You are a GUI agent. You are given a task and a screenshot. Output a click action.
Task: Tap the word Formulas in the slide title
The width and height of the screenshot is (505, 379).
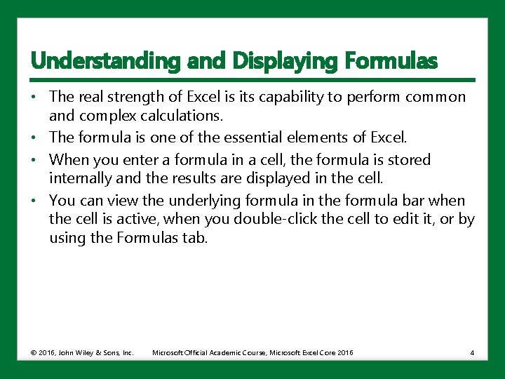391,62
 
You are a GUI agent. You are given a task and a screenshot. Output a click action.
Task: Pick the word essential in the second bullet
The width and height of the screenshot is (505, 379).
245,137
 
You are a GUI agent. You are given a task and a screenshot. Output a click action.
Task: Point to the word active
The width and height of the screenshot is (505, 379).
144,219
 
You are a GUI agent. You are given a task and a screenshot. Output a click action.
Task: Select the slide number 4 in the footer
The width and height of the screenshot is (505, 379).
472,352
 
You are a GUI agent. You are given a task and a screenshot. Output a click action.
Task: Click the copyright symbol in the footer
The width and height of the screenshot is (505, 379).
34,352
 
